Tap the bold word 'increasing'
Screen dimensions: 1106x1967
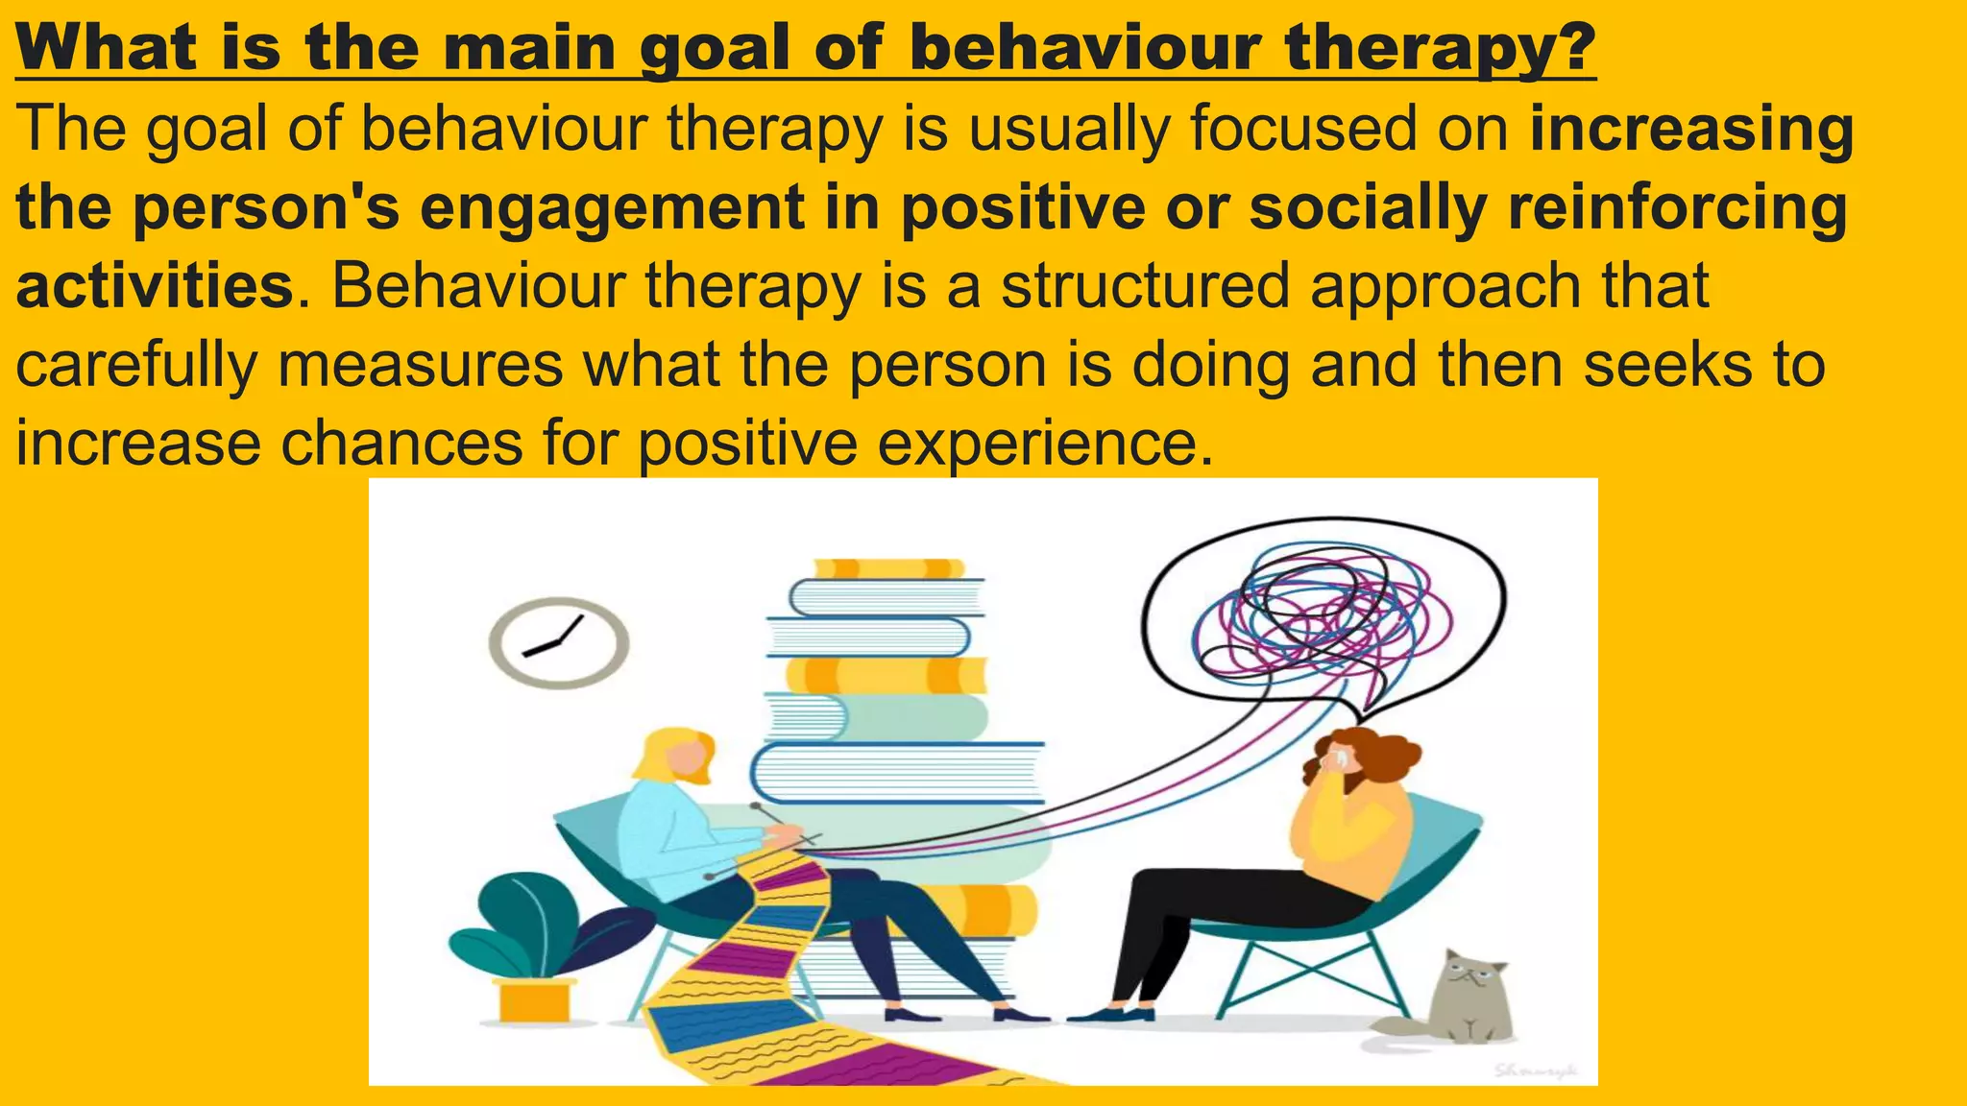click(1691, 129)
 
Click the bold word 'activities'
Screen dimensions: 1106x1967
click(155, 286)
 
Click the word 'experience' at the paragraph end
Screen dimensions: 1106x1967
click(1037, 444)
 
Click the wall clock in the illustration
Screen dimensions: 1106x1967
click(558, 642)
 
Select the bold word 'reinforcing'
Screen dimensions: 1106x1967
click(1677, 207)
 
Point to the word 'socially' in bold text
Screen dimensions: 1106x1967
click(1368, 207)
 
